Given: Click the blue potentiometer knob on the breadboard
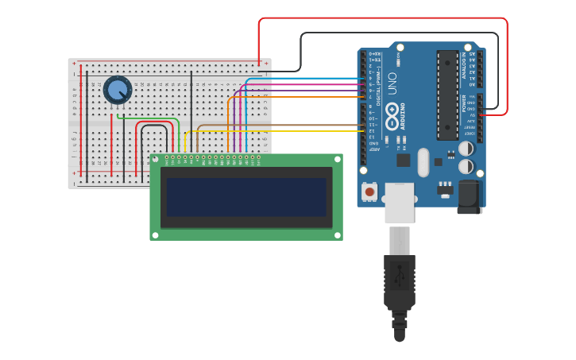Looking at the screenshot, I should coord(118,89).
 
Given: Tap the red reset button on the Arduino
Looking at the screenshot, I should coord(369,191).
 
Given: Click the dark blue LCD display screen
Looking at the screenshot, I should coord(246,196).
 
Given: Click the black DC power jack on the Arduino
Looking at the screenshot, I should coord(470,196).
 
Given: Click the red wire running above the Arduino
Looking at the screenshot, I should coord(381,18).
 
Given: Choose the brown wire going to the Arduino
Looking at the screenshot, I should coord(278,125).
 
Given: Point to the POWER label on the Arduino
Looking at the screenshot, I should coord(464,103).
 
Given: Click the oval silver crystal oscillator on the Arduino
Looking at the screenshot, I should coord(423,162).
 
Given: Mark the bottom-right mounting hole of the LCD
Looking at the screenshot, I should coord(338,234).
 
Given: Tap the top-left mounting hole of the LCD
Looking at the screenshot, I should coord(155,160).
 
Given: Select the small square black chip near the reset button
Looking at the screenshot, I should coord(404,160).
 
